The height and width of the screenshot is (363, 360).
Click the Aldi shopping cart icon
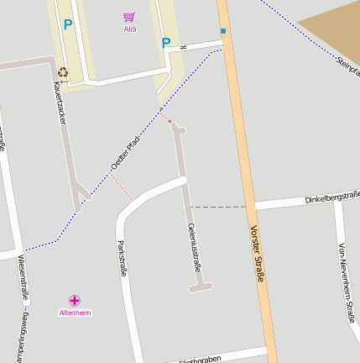pyautogui.click(x=129, y=16)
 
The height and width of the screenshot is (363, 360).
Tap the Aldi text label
pyautogui.click(x=130, y=29)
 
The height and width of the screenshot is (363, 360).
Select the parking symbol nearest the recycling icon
pyautogui.click(x=68, y=25)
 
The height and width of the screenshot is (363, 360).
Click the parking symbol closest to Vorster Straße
pyautogui.click(x=166, y=42)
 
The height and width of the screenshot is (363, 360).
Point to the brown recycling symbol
pyautogui.click(x=62, y=72)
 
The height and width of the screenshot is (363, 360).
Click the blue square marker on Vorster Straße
pyautogui.click(x=223, y=31)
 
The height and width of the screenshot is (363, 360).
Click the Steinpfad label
pyautogui.click(x=347, y=66)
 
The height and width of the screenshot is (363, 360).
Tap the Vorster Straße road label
pyautogui.click(x=256, y=253)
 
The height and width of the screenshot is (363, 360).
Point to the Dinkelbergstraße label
pyautogui.click(x=331, y=198)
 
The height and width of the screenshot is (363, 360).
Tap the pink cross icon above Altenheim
pyautogui.click(x=75, y=300)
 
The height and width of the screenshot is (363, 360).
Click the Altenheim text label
pyautogui.click(x=75, y=313)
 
